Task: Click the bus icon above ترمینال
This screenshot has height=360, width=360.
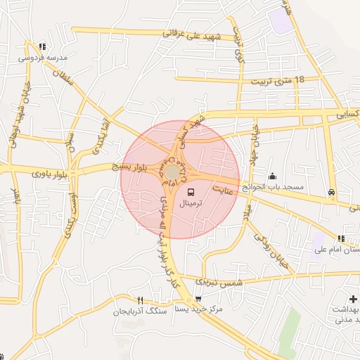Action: point(191,190)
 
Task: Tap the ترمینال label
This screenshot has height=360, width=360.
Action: point(191,202)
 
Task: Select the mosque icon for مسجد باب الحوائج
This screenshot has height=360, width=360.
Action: point(273,176)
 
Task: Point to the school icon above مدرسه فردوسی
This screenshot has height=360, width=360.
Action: point(44,46)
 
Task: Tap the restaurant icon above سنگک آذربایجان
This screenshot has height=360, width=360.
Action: point(141,300)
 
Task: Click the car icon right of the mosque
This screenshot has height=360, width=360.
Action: point(330,191)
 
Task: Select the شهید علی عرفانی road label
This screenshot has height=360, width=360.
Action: point(192,34)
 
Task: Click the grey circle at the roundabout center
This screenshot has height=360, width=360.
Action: point(172,172)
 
